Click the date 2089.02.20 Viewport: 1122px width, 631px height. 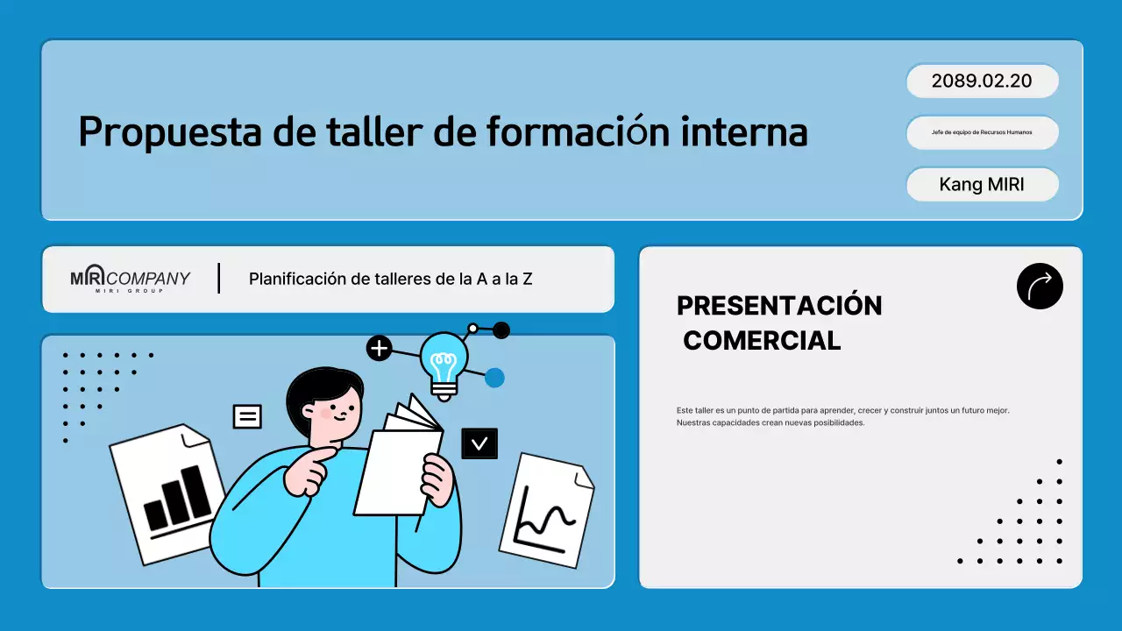pyautogui.click(x=982, y=82)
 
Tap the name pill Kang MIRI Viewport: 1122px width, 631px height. pyautogui.click(x=982, y=185)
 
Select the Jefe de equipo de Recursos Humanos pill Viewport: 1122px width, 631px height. pyautogui.click(x=982, y=132)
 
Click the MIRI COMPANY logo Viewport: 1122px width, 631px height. pyautogui.click(x=130, y=279)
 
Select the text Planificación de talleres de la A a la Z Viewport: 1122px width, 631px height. pyautogui.click(x=390, y=280)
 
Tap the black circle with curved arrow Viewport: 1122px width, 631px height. pyautogui.click(x=1040, y=286)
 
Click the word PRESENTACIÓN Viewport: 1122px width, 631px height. pyautogui.click(x=779, y=306)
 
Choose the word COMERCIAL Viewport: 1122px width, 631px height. pyautogui.click(x=762, y=341)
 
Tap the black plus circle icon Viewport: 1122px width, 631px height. pyautogui.click(x=379, y=348)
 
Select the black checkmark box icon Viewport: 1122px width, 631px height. pyautogui.click(x=479, y=443)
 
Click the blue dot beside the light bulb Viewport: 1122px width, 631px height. pyautogui.click(x=494, y=378)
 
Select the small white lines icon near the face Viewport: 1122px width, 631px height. pyautogui.click(x=247, y=416)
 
